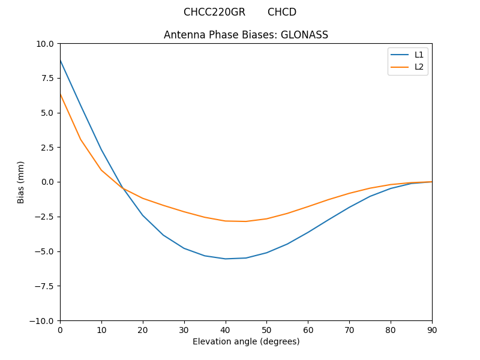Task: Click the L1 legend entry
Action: (419, 55)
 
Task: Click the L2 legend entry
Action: (419, 67)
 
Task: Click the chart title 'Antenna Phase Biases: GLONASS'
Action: (246, 35)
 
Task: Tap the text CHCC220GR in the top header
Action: (214, 12)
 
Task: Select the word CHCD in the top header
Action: (282, 12)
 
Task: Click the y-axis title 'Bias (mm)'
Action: (21, 182)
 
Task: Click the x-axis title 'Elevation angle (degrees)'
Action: (246, 341)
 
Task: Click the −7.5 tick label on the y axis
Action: (43, 286)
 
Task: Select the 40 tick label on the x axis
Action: (226, 329)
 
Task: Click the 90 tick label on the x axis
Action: (432, 329)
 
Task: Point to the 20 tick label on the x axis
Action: (143, 329)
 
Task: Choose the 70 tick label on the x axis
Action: (349, 329)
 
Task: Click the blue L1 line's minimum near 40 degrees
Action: (226, 259)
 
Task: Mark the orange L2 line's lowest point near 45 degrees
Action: (246, 221)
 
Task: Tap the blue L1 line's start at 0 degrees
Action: (61, 61)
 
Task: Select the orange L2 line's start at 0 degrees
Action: (61, 94)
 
